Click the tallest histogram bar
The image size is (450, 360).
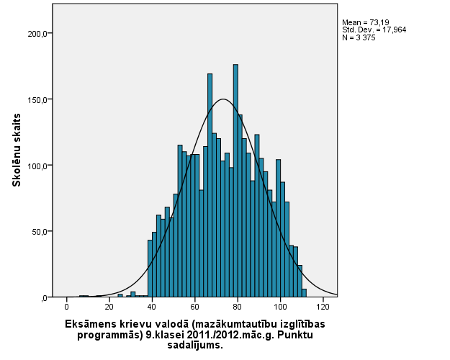coord(235,180)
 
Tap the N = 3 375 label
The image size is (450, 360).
coord(358,37)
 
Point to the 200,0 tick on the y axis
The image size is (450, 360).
coord(37,34)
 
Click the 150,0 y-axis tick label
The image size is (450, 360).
coord(37,99)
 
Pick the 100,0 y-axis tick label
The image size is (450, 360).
coord(37,166)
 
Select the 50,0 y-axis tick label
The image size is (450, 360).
coord(39,232)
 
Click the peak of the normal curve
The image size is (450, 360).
coord(223,99)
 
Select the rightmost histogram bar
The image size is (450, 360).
coord(304,293)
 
